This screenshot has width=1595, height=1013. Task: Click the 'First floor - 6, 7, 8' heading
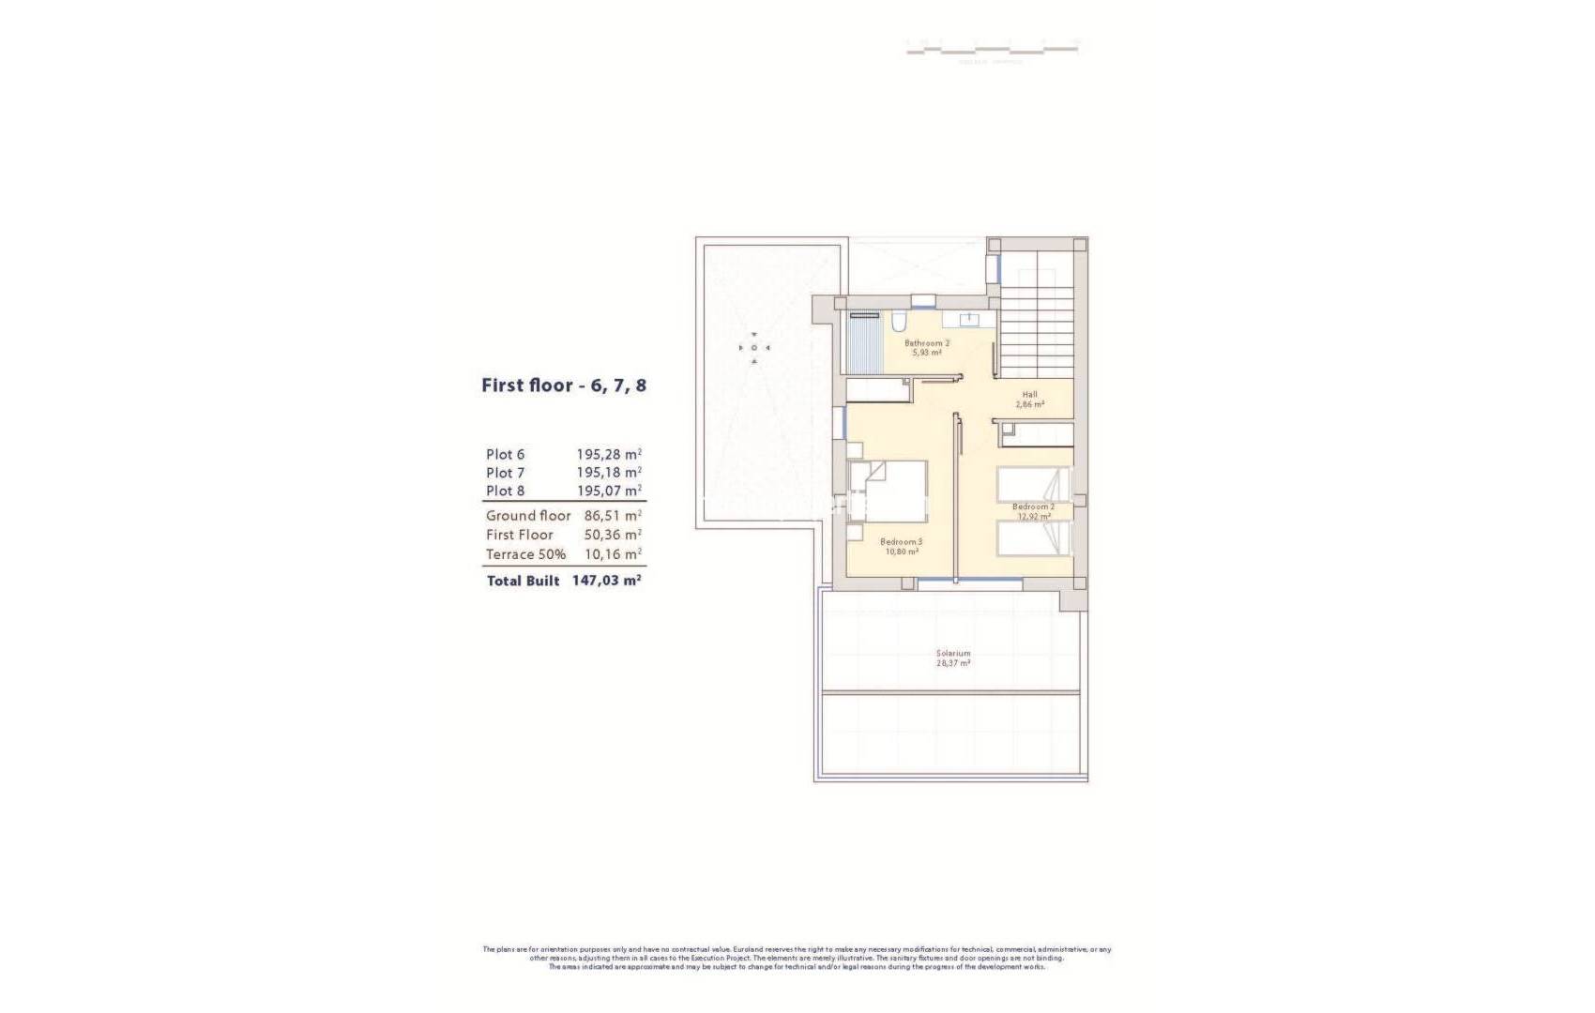tap(563, 386)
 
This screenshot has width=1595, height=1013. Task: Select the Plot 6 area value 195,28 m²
tap(609, 455)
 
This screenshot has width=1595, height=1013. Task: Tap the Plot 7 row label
tap(505, 473)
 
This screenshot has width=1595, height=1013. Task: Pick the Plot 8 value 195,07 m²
tap(609, 491)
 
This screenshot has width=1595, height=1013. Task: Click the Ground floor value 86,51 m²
tap(613, 516)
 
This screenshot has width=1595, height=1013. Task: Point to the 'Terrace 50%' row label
tap(525, 554)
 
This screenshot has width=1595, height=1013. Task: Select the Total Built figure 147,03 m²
tap(606, 582)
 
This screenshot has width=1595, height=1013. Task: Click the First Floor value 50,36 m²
tap(613, 535)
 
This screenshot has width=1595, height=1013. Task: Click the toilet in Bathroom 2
tap(898, 323)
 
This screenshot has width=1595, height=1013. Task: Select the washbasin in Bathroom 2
tap(966, 321)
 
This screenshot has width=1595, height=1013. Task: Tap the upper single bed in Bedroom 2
tap(1033, 485)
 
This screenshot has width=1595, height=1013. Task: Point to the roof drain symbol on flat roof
tap(754, 348)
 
